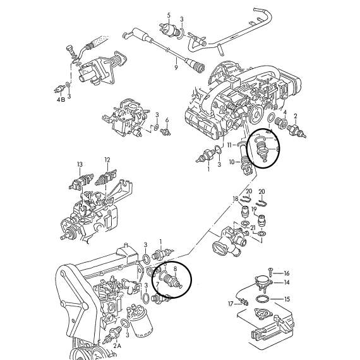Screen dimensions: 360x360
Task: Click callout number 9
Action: click(x=176, y=68)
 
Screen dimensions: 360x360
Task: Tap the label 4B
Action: click(x=61, y=100)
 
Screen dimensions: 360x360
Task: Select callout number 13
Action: click(x=80, y=164)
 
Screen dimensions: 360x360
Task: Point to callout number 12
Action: click(x=107, y=160)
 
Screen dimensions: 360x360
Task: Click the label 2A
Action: click(x=117, y=345)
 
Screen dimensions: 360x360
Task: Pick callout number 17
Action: click(x=231, y=304)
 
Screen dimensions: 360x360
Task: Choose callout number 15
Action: click(x=287, y=299)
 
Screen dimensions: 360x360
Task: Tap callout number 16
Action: click(x=287, y=273)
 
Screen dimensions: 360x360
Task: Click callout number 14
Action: click(x=287, y=282)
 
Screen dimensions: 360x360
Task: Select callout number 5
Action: click(x=169, y=15)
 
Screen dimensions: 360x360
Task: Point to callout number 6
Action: click(x=167, y=120)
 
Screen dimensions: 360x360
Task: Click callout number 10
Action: click(x=232, y=162)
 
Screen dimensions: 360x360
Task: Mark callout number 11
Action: click(x=230, y=145)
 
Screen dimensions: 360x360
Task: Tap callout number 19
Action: click(x=254, y=209)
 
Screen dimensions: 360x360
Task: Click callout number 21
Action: click(x=253, y=228)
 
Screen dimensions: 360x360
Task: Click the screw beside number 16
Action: click(x=270, y=272)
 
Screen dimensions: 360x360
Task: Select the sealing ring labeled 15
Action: click(x=263, y=299)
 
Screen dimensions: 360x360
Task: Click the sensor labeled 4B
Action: click(x=59, y=89)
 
